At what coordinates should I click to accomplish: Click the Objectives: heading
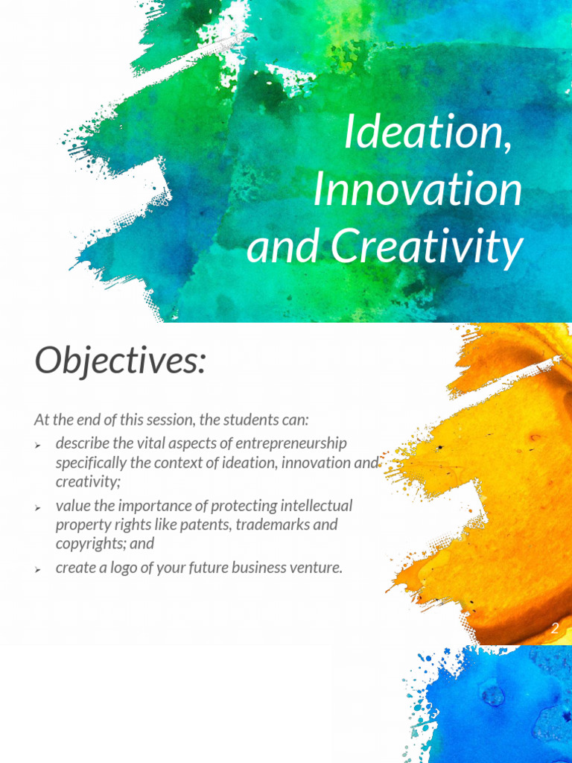(119, 361)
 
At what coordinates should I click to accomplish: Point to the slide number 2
(554, 628)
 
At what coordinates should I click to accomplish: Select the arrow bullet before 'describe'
(38, 445)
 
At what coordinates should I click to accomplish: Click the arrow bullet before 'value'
(38, 507)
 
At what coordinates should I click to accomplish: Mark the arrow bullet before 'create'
(38, 569)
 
